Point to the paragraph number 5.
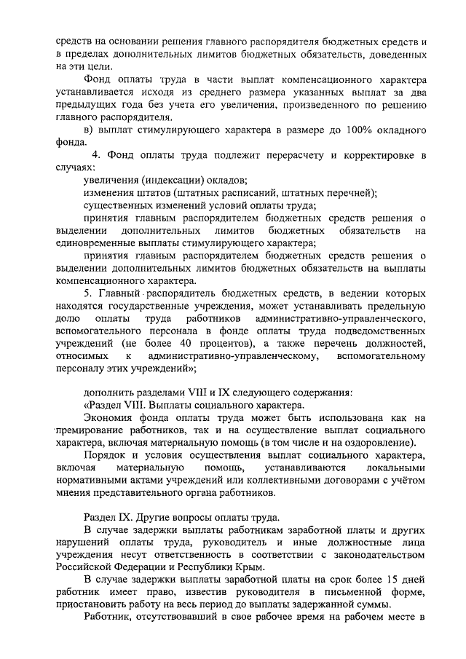[x=87, y=293]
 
